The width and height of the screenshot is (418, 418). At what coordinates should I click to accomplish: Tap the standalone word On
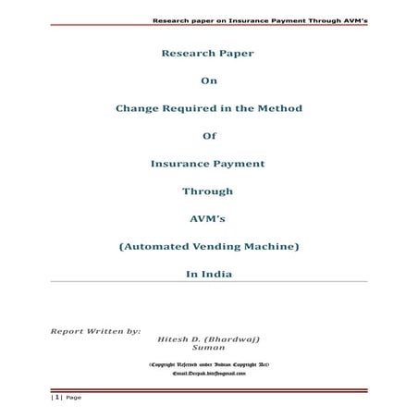208,80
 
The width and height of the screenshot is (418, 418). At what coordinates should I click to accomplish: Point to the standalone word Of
208,136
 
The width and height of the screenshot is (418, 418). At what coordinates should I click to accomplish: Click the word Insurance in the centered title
180,164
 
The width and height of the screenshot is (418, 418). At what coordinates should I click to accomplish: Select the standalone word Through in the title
208,191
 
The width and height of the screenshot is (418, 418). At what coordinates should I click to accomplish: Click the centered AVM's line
208,219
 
